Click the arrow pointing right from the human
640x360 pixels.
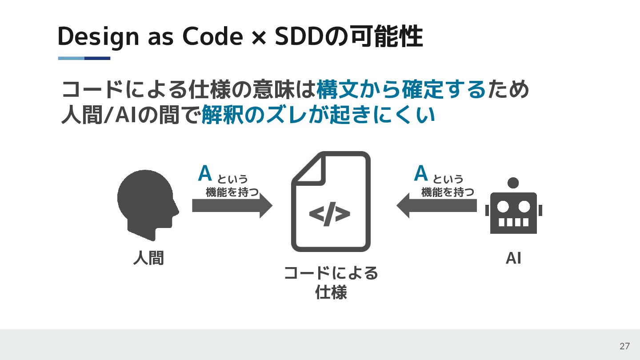[232, 206]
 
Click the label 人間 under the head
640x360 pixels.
[148, 258]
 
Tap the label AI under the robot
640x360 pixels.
[513, 258]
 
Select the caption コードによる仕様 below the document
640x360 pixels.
[331, 283]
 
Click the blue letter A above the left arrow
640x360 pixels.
[205, 174]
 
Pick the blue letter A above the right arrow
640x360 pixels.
[420, 174]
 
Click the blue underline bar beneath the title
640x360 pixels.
[84, 58]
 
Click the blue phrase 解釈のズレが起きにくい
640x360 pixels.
[318, 116]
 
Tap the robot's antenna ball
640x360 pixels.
[513, 183]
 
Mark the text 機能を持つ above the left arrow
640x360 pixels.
[232, 192]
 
